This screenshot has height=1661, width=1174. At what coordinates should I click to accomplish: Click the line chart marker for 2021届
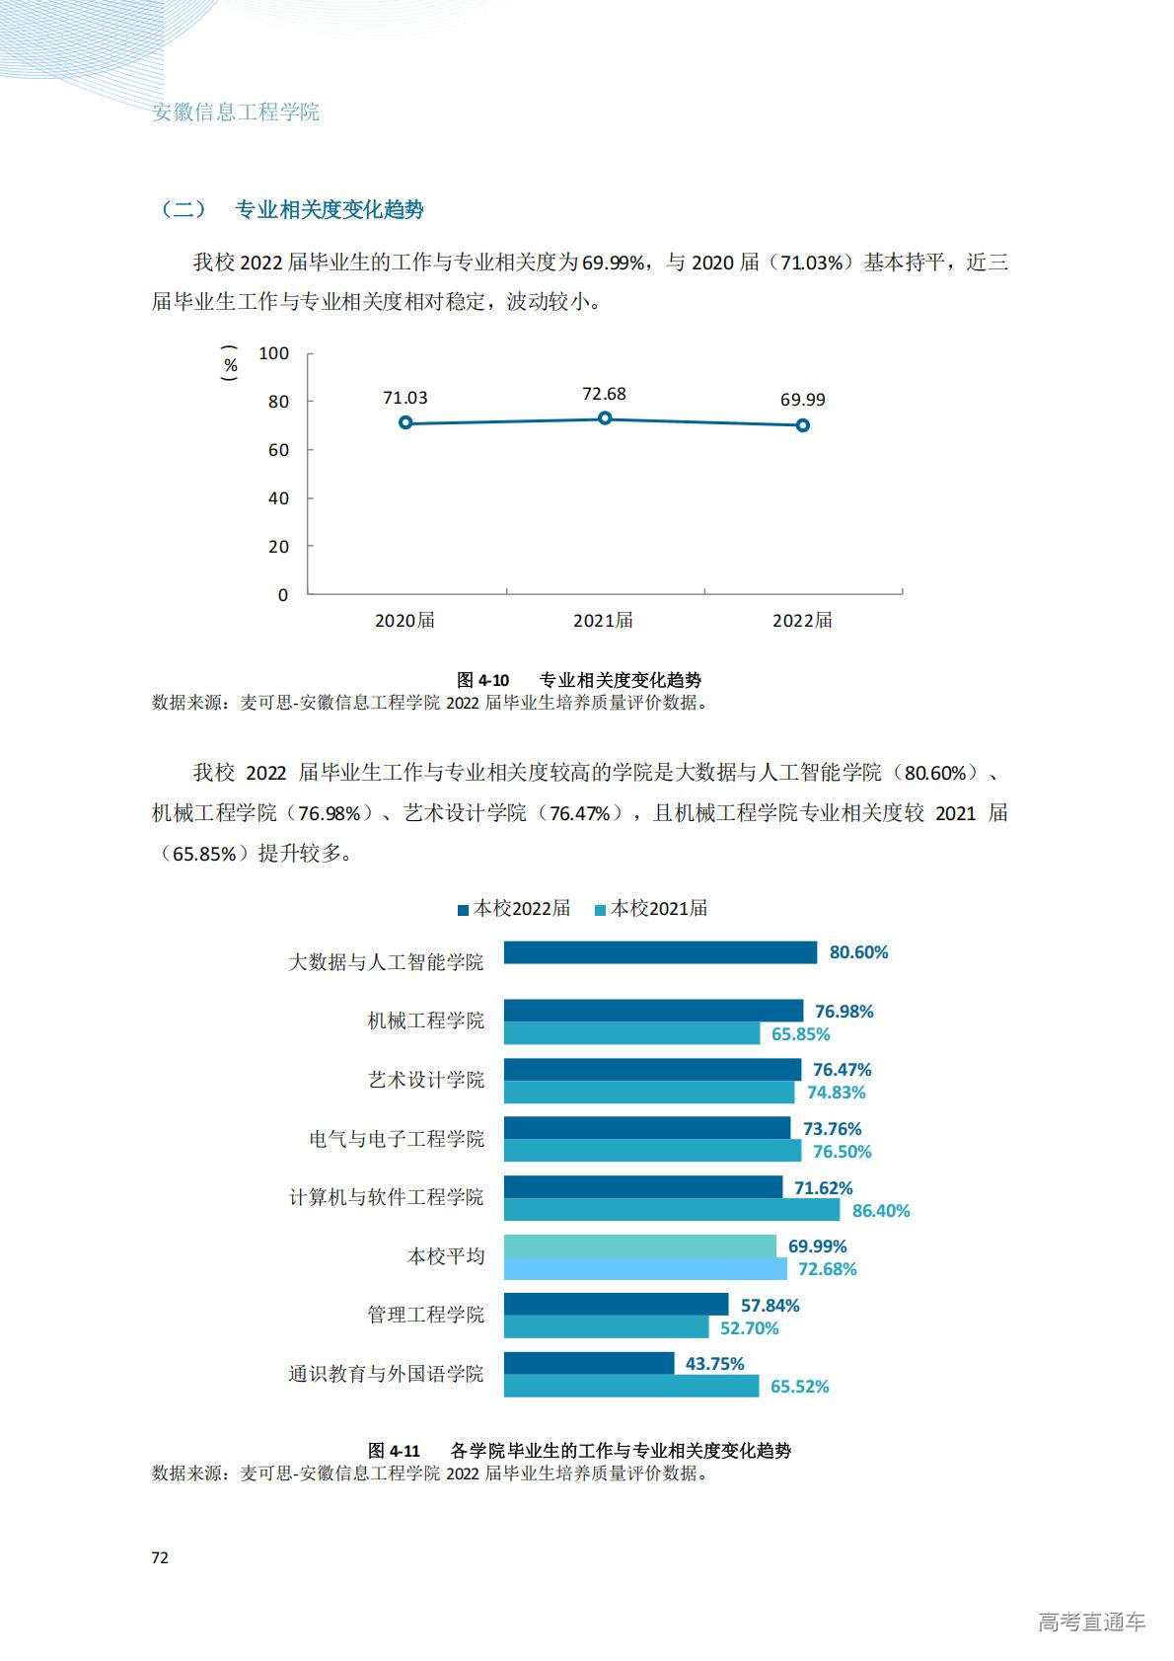605,418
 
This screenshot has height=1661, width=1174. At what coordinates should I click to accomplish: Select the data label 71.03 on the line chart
405,398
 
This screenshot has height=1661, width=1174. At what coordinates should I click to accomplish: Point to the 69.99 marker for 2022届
803,425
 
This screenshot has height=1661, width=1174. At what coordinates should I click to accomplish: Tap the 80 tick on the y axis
278,402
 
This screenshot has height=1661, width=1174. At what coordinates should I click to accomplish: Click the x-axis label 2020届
404,621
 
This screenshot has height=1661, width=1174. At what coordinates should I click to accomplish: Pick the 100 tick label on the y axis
273,353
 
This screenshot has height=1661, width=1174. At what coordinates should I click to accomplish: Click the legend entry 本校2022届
514,909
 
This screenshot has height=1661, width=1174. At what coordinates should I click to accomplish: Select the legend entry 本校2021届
651,909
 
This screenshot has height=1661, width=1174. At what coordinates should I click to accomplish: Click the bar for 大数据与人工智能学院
660,952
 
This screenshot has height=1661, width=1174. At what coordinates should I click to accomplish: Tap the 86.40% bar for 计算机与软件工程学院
671,1210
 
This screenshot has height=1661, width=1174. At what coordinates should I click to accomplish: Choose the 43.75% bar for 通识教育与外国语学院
589,1364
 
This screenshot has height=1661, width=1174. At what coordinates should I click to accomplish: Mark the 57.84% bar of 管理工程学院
616,1305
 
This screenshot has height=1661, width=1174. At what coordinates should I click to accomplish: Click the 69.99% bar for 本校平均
639,1246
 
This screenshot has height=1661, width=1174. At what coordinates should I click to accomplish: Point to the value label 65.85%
800,1034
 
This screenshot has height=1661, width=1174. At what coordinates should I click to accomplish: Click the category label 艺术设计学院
426,1080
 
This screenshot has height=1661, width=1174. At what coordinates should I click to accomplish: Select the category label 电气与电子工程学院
397,1139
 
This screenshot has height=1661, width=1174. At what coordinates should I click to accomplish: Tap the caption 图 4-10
482,680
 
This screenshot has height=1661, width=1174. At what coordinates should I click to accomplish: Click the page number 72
160,1557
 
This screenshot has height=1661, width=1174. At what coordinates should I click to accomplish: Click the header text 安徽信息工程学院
236,113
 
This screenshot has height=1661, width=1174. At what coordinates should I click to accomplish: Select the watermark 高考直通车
1091,1622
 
